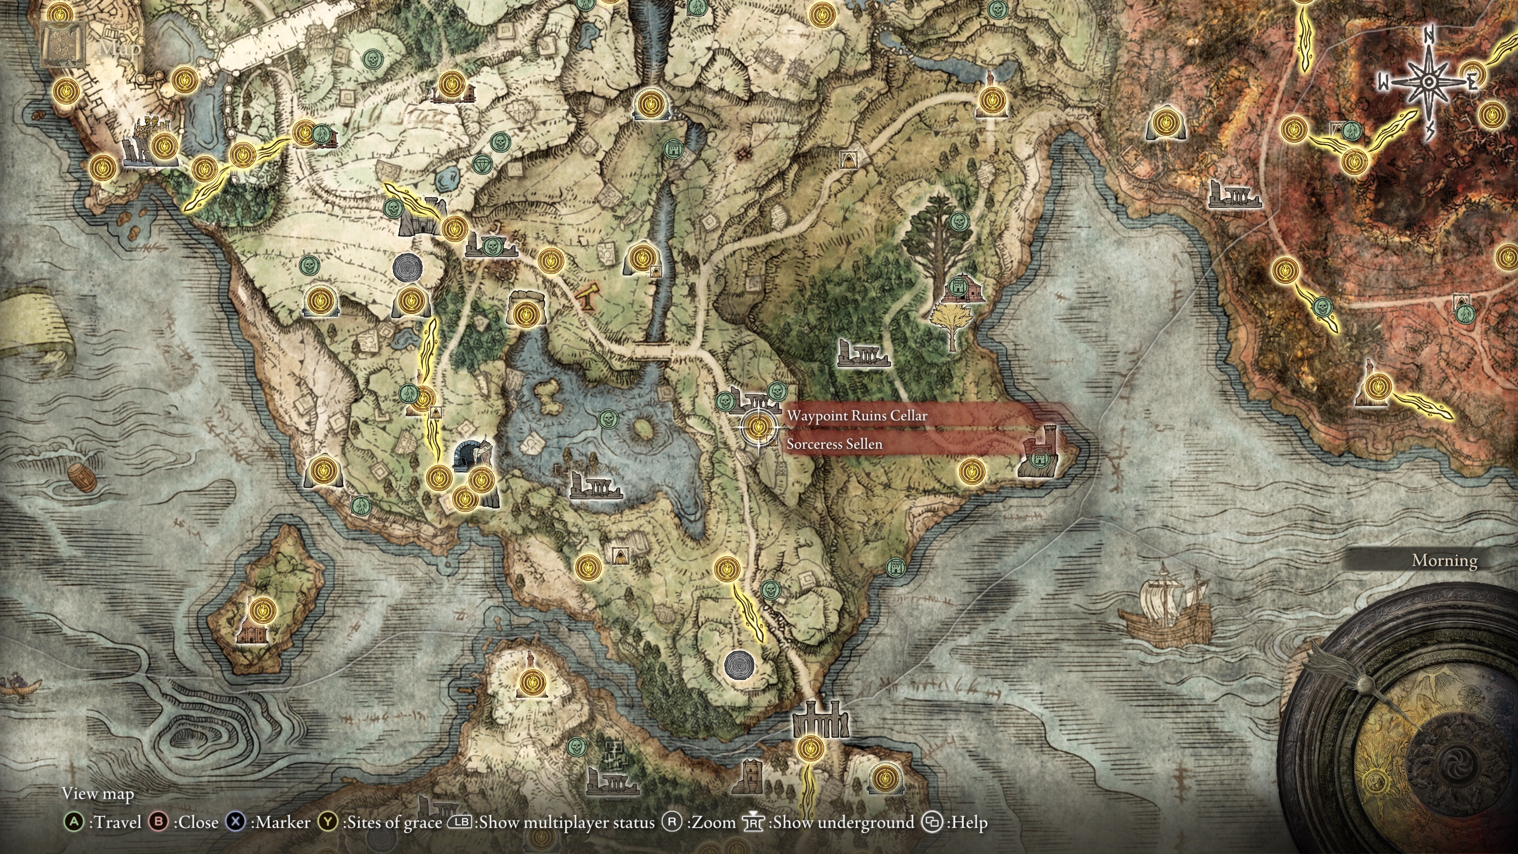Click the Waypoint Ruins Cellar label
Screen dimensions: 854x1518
[857, 416]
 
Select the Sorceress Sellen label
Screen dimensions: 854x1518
[835, 444]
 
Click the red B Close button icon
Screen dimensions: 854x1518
[159, 822]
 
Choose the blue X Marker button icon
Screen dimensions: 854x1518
[236, 822]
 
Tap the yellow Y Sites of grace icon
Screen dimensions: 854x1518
[328, 822]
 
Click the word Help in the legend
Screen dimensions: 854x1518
[967, 822]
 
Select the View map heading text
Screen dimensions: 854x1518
[98, 794]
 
